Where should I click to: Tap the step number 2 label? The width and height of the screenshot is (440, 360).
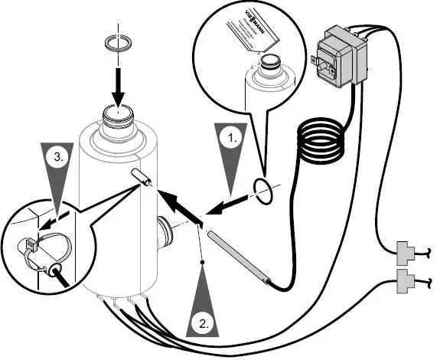click(x=203, y=322)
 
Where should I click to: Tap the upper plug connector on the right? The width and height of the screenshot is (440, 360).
click(x=408, y=250)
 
